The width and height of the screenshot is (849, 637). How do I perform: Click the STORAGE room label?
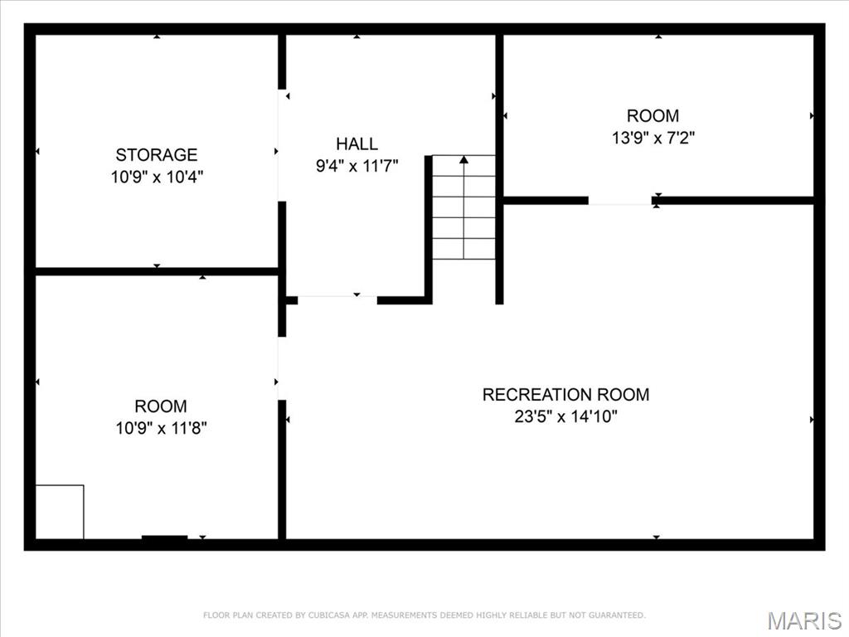click(157, 154)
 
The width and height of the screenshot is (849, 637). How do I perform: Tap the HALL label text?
click(357, 143)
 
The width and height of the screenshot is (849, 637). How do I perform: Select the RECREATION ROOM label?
click(565, 395)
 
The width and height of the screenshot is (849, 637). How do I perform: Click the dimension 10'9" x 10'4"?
click(157, 177)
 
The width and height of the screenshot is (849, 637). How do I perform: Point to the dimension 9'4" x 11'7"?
click(357, 166)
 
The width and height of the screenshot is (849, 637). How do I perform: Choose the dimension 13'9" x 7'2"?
click(653, 139)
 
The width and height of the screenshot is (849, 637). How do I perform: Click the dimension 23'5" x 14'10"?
click(565, 417)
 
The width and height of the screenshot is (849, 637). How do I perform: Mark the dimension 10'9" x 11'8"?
click(161, 429)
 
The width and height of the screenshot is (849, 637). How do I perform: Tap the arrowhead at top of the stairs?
click(463, 159)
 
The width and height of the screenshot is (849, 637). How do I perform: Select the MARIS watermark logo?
click(804, 620)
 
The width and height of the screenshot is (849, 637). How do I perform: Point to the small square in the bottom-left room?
click(60, 512)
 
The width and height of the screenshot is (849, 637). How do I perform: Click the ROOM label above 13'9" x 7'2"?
click(653, 116)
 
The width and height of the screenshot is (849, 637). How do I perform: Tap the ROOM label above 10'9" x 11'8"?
click(161, 406)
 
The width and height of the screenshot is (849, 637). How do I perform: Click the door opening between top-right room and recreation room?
click(620, 201)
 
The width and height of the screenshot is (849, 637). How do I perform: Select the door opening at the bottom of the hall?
click(337, 299)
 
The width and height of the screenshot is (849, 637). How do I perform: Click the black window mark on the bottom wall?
click(164, 539)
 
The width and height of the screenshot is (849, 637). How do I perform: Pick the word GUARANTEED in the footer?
click(613, 615)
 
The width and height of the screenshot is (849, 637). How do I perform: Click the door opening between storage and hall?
click(282, 145)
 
